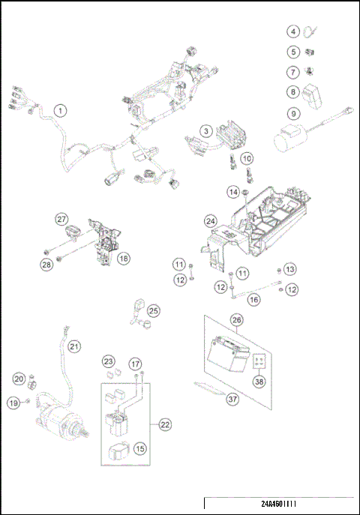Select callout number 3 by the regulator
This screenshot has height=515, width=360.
coord(205,130)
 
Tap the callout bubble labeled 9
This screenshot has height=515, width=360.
coord(293,115)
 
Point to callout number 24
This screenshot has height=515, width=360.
coord(211,222)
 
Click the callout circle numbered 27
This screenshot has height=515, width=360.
coord(61,219)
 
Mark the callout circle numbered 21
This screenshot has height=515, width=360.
coord(74,346)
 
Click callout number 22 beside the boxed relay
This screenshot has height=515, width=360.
coord(165,424)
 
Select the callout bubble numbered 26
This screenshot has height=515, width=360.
coord(237,319)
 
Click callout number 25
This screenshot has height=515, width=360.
coord(154,310)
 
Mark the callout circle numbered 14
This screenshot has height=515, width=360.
coord(233,193)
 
